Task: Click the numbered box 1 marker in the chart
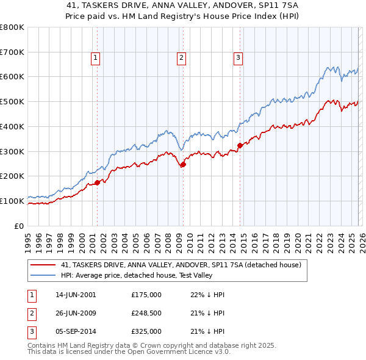pyautogui.click(x=96, y=58)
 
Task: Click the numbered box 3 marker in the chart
pyautogui.click(x=238, y=58)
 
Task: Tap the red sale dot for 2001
pyautogui.click(x=97, y=182)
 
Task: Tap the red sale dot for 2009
pyautogui.click(x=183, y=164)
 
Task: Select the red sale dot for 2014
pyautogui.click(x=240, y=145)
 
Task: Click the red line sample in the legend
pyautogui.click(x=43, y=265)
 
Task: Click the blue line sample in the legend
pyautogui.click(x=43, y=276)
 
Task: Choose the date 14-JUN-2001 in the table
pyautogui.click(x=76, y=295)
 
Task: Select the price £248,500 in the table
pyautogui.click(x=146, y=313)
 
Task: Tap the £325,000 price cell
pyautogui.click(x=146, y=331)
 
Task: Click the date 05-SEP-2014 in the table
pyautogui.click(x=76, y=331)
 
